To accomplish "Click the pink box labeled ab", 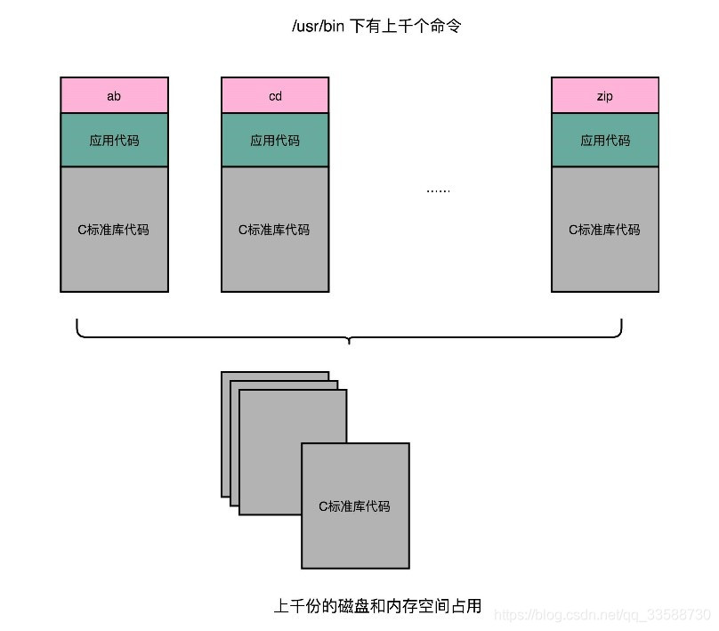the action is (x=114, y=95).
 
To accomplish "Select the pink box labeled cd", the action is (x=275, y=95).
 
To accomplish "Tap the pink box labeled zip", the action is (x=605, y=95).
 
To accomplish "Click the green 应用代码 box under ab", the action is (x=114, y=140).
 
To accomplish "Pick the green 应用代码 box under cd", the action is (x=275, y=140).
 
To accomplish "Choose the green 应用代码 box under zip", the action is (x=605, y=140).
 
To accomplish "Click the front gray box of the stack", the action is (x=355, y=506).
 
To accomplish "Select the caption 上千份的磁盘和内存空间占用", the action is (x=377, y=607).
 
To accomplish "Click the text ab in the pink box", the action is (x=114, y=96).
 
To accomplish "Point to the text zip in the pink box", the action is (x=605, y=96).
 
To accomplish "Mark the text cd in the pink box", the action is (x=275, y=96).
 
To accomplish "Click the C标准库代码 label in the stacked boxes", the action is (x=355, y=506).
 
